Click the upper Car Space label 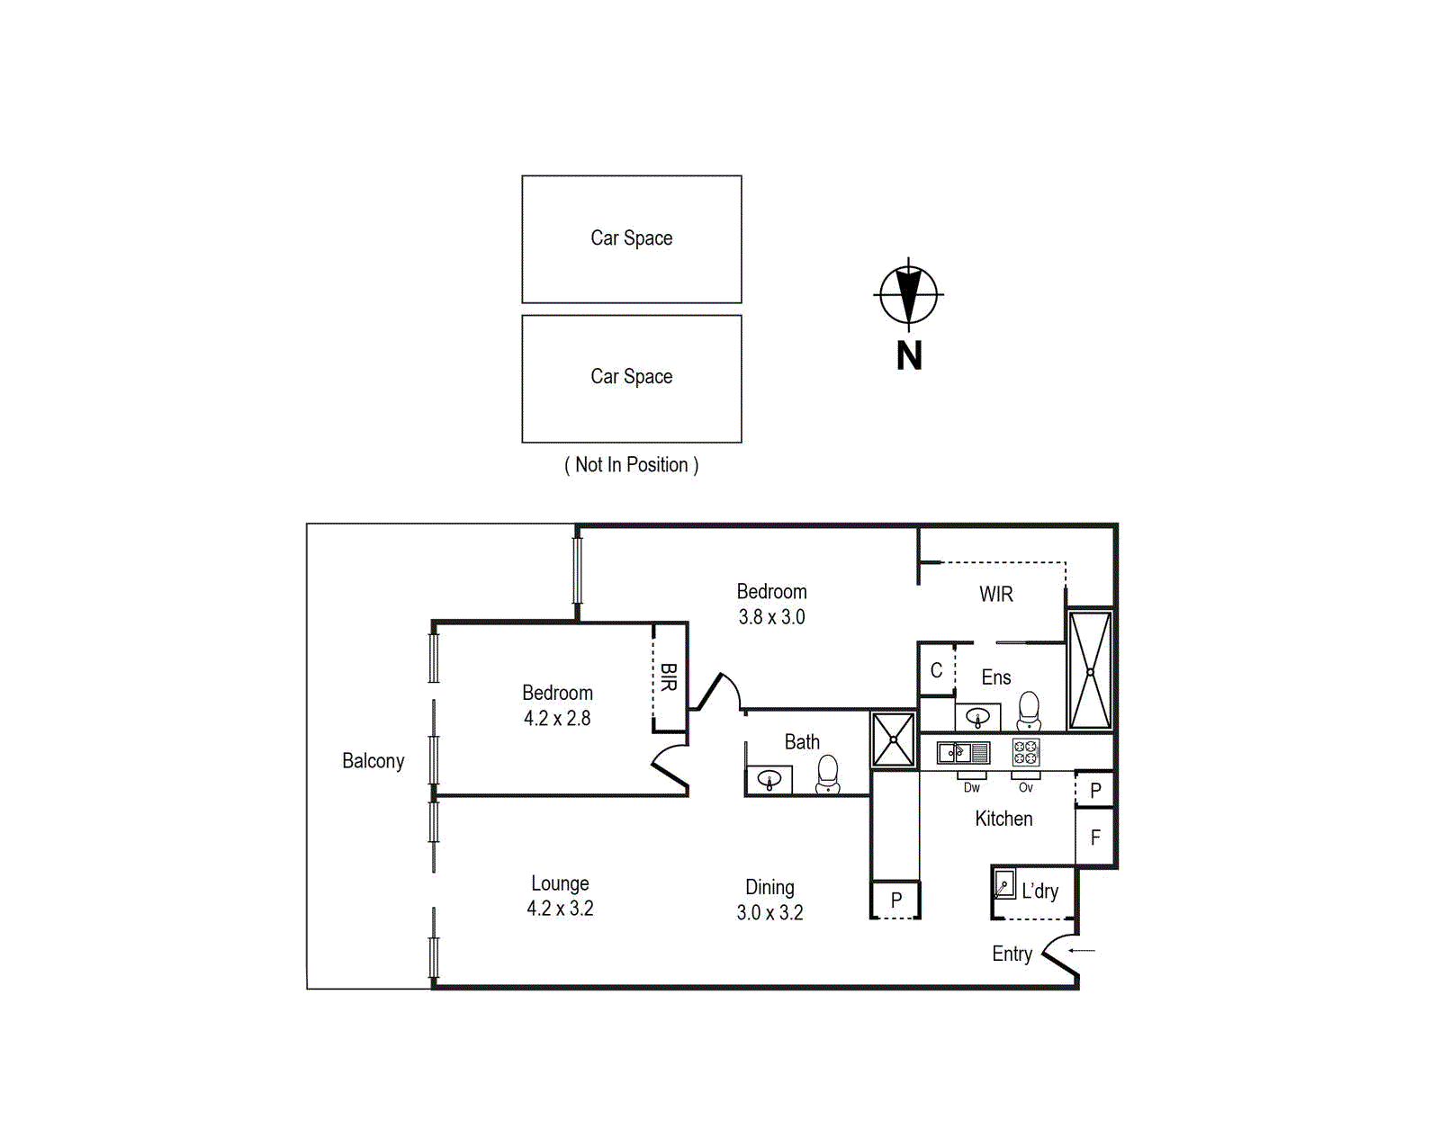click(631, 238)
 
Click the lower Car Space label click(631, 377)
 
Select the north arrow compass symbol click(908, 295)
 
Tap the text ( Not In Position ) click(631, 465)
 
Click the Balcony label click(373, 761)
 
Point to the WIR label click(995, 595)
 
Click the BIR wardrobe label click(668, 677)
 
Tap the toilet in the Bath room click(827, 774)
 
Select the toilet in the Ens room click(1029, 711)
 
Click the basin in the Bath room click(769, 779)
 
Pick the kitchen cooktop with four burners click(1025, 752)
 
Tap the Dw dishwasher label click(971, 788)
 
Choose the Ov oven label click(1025, 788)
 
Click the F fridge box click(1095, 838)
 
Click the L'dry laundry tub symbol click(1004, 884)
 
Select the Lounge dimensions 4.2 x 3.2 click(560, 909)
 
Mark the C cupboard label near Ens click(936, 671)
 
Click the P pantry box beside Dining click(895, 900)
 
